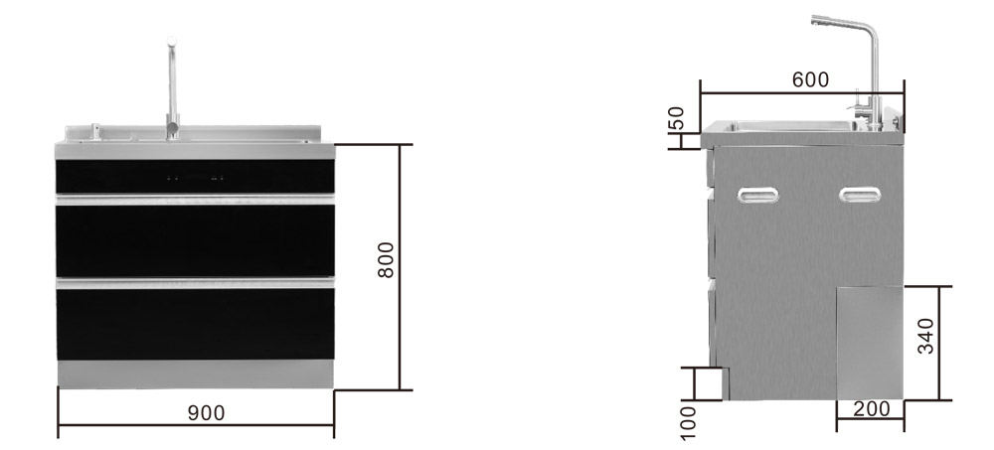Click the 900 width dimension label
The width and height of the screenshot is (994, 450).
[206, 413]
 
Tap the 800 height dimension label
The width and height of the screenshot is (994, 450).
[386, 260]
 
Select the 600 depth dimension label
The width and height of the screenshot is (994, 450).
[810, 79]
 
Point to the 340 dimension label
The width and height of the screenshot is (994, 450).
[925, 336]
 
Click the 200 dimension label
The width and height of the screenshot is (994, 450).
[871, 409]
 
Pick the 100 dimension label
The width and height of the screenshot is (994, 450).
[688, 423]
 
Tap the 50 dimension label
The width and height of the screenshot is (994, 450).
[676, 118]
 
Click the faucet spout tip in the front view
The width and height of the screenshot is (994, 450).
[171, 41]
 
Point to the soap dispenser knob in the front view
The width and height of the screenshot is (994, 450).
[95, 130]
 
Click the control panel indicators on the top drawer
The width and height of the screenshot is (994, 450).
[195, 178]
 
